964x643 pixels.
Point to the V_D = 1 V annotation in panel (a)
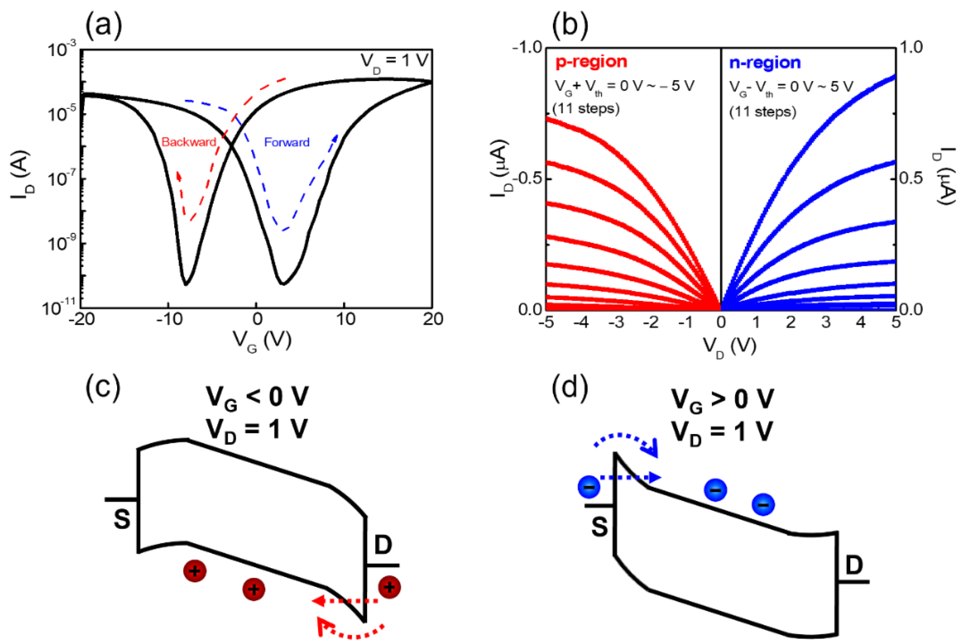click(394, 61)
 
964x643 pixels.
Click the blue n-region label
click(765, 63)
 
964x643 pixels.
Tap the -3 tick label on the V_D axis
click(616, 322)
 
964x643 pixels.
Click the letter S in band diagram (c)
click(122, 519)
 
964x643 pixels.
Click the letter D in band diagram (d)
click(853, 566)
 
